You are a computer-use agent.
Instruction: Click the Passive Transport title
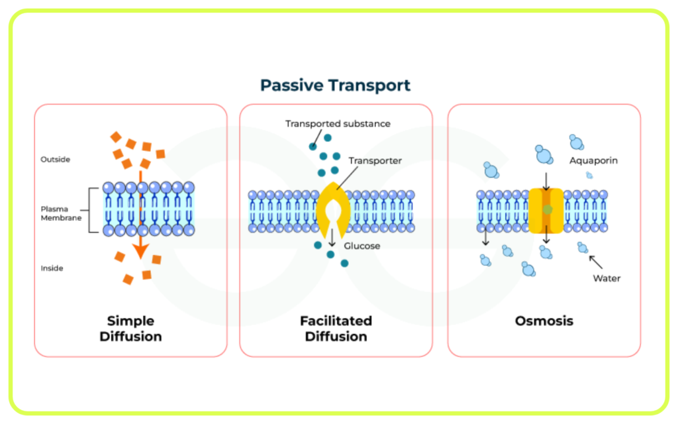click(x=335, y=85)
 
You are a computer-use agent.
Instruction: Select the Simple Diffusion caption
click(x=130, y=329)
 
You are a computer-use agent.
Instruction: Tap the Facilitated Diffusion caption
click(x=336, y=329)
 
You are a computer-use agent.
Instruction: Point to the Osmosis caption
click(x=544, y=321)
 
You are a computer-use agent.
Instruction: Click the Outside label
click(x=56, y=159)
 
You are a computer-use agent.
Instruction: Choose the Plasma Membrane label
click(x=61, y=213)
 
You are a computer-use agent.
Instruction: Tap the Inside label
click(x=52, y=268)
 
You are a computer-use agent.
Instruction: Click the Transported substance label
click(x=338, y=124)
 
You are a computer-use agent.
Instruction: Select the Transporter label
click(x=375, y=160)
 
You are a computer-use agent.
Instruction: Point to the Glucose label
click(x=362, y=246)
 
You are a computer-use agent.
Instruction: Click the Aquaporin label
click(x=593, y=160)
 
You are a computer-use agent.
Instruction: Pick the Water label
click(x=606, y=278)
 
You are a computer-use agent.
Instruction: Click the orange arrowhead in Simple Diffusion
click(x=140, y=251)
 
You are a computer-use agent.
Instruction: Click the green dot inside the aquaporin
click(x=548, y=209)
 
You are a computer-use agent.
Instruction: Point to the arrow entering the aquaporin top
click(x=546, y=182)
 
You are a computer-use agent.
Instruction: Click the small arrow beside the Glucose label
click(x=332, y=238)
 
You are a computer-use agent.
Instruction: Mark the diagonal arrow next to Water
click(x=596, y=262)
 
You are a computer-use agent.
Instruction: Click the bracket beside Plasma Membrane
click(x=89, y=210)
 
